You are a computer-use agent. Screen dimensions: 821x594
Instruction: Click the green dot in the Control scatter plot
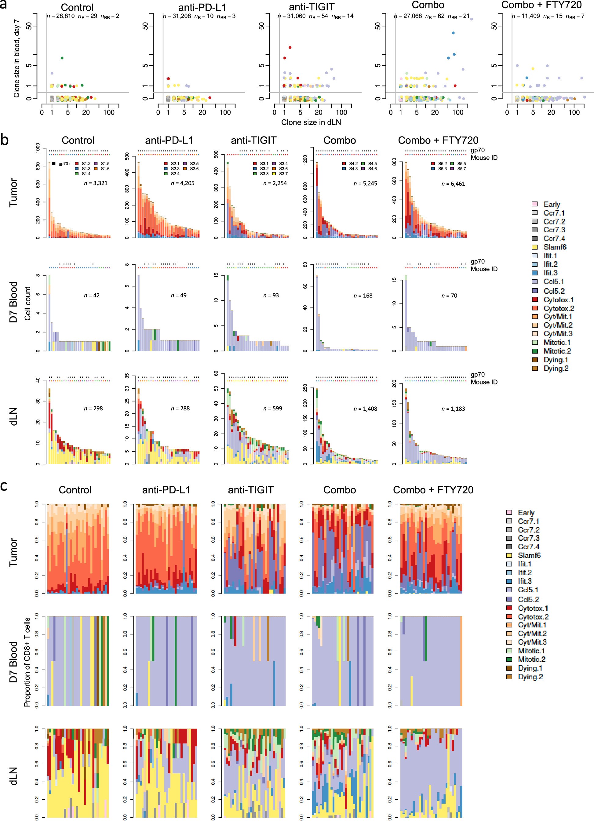(62, 58)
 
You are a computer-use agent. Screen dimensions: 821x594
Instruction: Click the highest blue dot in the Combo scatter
(453, 33)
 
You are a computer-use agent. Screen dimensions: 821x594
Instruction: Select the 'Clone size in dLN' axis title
(311, 122)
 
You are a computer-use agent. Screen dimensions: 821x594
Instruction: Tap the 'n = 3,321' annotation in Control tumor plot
(96, 183)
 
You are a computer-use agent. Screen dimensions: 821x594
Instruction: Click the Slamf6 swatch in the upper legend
(534, 247)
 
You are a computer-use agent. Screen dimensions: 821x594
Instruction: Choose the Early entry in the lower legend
(526, 513)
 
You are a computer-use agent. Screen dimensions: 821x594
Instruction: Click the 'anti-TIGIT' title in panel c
(251, 490)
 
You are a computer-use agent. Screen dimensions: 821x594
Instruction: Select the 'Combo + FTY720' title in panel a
(541, 5)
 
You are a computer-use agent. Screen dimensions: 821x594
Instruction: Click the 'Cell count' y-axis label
(27, 303)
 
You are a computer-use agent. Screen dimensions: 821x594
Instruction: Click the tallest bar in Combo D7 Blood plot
(317, 313)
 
